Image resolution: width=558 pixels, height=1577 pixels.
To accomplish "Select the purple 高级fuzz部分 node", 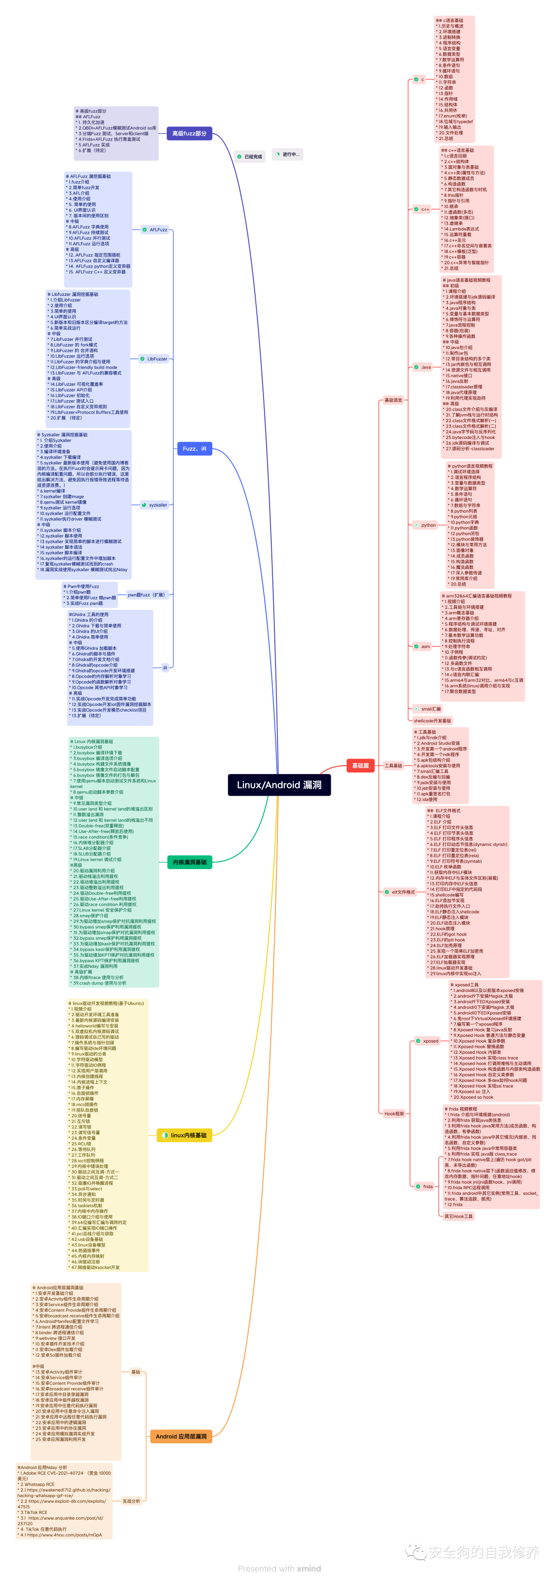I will tap(189, 133).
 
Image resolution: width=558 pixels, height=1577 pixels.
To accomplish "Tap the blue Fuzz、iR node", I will tap(194, 449).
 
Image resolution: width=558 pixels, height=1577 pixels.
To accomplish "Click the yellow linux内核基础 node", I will tap(184, 1135).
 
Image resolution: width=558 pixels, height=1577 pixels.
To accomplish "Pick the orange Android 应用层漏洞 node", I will tap(181, 1436).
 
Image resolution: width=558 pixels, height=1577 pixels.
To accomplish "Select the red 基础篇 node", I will tap(360, 765).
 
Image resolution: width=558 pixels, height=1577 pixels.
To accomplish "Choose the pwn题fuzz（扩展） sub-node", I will tap(146, 594).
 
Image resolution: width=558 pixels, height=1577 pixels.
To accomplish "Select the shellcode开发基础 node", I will tap(432, 720).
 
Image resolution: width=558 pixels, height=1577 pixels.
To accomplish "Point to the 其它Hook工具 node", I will tap(458, 1217).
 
